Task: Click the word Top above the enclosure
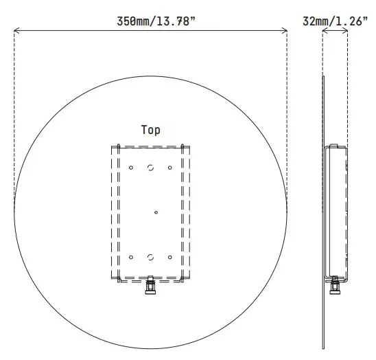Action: (151, 129)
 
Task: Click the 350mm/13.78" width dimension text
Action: (156, 21)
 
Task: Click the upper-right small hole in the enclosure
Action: (169, 167)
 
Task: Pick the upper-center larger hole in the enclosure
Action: (150, 167)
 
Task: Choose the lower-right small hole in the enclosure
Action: (169, 258)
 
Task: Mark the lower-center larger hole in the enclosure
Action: (150, 258)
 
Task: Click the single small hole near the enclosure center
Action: (156, 212)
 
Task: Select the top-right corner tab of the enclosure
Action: (183, 145)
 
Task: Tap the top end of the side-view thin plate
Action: (323, 78)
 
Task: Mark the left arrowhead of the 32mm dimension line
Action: (325, 30)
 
